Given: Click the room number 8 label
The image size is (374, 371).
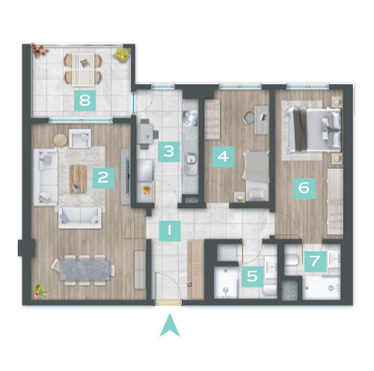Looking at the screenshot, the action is [85, 100].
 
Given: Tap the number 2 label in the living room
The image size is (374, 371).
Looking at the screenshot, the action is [103, 178].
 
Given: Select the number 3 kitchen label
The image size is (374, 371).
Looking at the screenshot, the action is [169, 152].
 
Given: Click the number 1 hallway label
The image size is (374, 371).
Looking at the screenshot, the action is [170, 230].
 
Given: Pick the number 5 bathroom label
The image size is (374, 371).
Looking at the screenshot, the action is [252, 276].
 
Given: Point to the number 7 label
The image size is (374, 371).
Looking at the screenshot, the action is [315, 261].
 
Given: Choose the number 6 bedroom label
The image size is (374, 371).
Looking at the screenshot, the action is [304, 188].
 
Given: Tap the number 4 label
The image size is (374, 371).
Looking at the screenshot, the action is [223, 156].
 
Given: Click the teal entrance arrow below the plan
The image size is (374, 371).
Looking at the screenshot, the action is [170, 325].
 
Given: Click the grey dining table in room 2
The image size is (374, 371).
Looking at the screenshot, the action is [85, 270].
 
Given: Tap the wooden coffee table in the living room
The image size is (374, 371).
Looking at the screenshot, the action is [79, 179].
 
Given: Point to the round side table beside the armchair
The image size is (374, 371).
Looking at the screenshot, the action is [60, 140].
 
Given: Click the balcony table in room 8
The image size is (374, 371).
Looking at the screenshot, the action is [84, 69].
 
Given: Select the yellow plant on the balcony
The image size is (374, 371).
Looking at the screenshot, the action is [121, 54].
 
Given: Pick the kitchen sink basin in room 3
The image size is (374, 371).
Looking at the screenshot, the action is [191, 159].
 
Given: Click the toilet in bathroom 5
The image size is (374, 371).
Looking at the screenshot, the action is [270, 290].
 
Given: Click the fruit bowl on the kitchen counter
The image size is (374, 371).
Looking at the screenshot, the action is [147, 190].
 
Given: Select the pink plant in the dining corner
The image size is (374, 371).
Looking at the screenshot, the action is [40, 291].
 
